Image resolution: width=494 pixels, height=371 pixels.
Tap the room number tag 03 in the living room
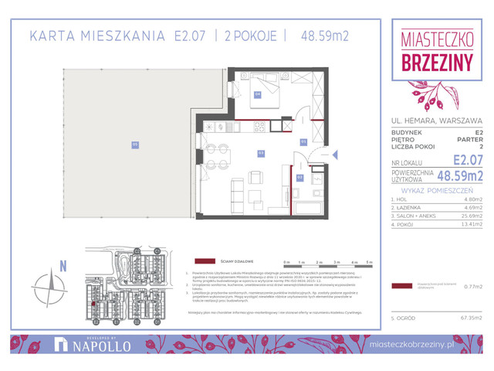tap(261, 153)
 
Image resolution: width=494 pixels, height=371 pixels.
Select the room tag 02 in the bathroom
tap(300, 177)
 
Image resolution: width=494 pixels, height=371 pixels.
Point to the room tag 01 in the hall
tap(303, 141)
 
